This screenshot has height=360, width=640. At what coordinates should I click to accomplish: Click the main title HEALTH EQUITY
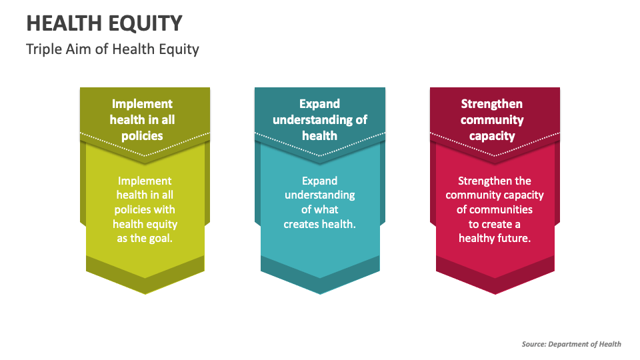pyautogui.click(x=103, y=23)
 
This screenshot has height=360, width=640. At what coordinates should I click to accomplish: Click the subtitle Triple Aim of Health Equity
pyautogui.click(x=112, y=49)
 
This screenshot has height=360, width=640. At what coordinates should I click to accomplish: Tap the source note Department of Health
pyautogui.click(x=571, y=344)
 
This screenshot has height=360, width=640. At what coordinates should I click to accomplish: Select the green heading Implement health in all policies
pyautogui.click(x=142, y=120)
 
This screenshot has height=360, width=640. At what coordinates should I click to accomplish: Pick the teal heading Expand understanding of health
pyautogui.click(x=319, y=120)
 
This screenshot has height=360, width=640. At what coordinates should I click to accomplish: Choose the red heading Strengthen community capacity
pyautogui.click(x=492, y=120)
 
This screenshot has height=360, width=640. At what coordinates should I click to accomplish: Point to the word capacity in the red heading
pyautogui.click(x=492, y=136)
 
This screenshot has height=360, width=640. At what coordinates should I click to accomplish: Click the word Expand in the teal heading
pyautogui.click(x=319, y=104)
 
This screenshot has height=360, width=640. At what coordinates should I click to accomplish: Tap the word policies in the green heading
pyautogui.click(x=142, y=136)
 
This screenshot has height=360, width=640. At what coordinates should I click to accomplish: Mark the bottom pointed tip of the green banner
pyautogui.click(x=145, y=293)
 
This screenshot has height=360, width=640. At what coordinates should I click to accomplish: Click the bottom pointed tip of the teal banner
pyautogui.click(x=320, y=293)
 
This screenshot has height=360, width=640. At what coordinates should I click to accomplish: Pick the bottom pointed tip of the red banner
pyautogui.click(x=495, y=293)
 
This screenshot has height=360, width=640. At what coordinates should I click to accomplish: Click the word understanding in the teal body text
pyautogui.click(x=319, y=195)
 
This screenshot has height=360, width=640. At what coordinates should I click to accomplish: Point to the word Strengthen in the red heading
pyautogui.click(x=492, y=104)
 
